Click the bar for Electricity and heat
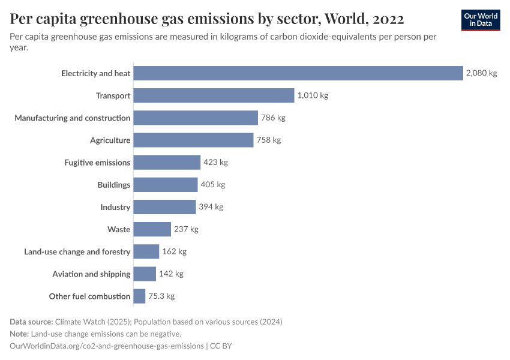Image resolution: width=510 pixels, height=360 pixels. (x=298, y=73)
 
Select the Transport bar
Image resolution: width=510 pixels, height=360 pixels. (x=214, y=95)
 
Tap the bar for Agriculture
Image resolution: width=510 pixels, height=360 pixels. (x=193, y=140)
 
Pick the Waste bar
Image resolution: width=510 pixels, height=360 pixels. (x=152, y=229)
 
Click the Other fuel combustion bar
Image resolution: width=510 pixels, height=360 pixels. (x=139, y=296)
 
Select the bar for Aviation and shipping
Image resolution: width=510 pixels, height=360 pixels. (x=145, y=274)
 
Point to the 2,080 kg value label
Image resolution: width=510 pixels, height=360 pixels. (x=482, y=73)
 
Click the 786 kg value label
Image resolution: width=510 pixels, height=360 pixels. (x=273, y=118)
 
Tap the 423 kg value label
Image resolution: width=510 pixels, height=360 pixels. (x=215, y=162)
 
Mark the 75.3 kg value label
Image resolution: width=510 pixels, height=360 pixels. (x=161, y=296)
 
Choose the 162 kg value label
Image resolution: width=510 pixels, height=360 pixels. (x=174, y=251)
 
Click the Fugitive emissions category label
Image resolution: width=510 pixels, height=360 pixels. (x=97, y=163)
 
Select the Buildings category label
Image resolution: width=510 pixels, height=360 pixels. (x=113, y=185)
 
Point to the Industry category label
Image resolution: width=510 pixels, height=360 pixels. (x=115, y=207)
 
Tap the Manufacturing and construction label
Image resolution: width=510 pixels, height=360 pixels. (x=72, y=118)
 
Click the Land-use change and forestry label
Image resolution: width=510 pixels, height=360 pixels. (x=77, y=252)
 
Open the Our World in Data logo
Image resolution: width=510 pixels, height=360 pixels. (x=480, y=20)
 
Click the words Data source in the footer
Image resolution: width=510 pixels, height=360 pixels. (x=31, y=322)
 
